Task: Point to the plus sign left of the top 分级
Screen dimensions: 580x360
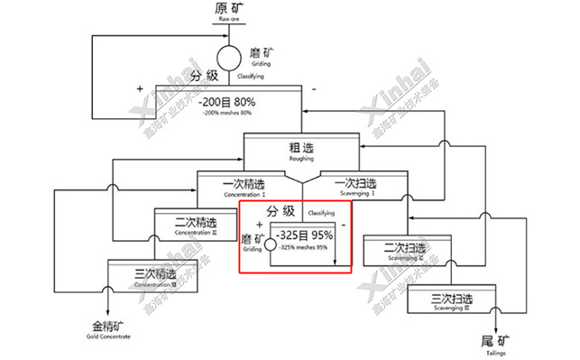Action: click(x=140, y=88)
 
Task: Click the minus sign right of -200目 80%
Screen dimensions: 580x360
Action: click(x=313, y=88)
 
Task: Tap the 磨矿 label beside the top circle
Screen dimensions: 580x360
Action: click(x=259, y=54)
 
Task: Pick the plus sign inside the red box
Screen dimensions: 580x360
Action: click(x=259, y=223)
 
